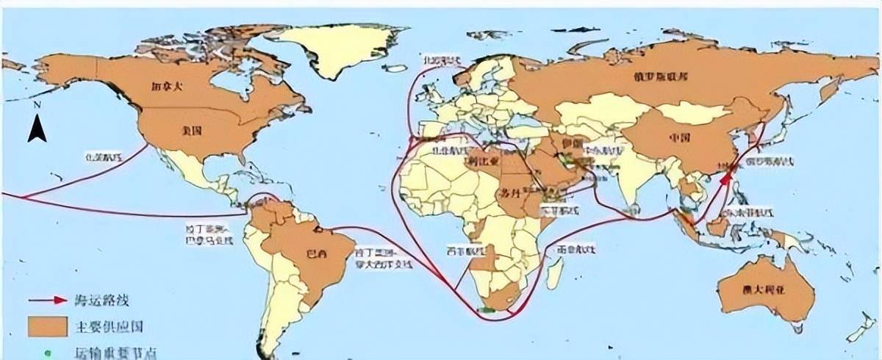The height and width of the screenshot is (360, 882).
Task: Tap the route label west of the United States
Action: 103,156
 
